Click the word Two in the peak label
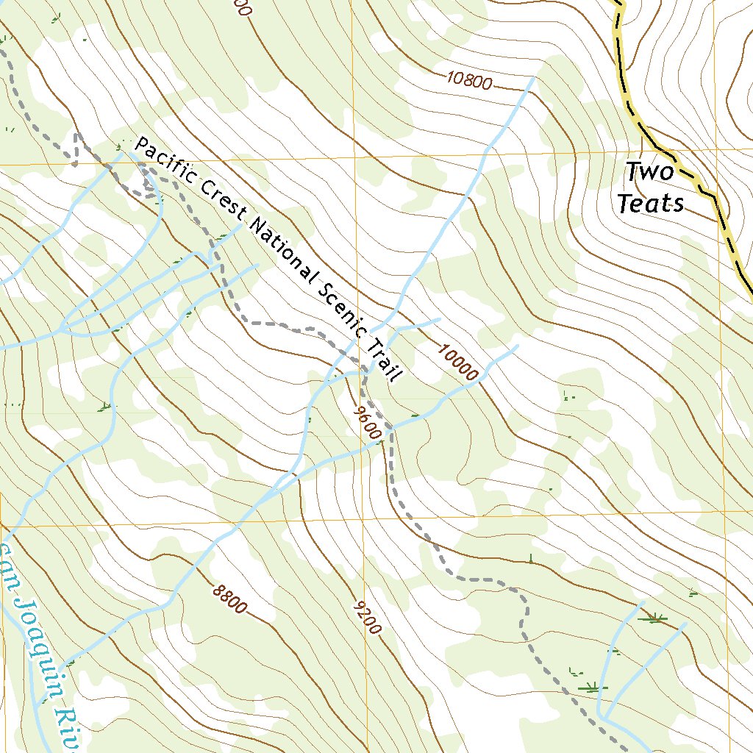tap(649, 172)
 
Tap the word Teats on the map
tap(650, 203)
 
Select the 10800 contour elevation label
tap(469, 81)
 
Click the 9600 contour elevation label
tap(365, 422)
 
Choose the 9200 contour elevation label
tap(368, 616)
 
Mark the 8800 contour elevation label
tap(230, 599)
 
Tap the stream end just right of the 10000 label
tap(517, 346)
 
